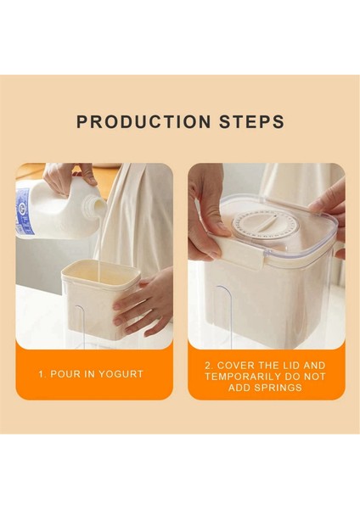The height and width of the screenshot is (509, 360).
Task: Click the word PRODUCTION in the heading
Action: click(x=143, y=121)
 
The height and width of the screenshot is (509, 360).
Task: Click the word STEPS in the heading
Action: click(x=251, y=121)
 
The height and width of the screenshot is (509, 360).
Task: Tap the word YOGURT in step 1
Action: click(x=121, y=374)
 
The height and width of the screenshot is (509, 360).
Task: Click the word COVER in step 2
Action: click(x=235, y=366)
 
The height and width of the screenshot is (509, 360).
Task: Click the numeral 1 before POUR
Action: click(x=42, y=374)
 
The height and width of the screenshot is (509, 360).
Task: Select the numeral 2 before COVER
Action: click(x=209, y=366)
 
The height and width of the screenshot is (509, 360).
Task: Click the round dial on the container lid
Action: click(x=260, y=223)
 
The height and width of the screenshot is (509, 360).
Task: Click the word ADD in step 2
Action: click(x=239, y=388)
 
